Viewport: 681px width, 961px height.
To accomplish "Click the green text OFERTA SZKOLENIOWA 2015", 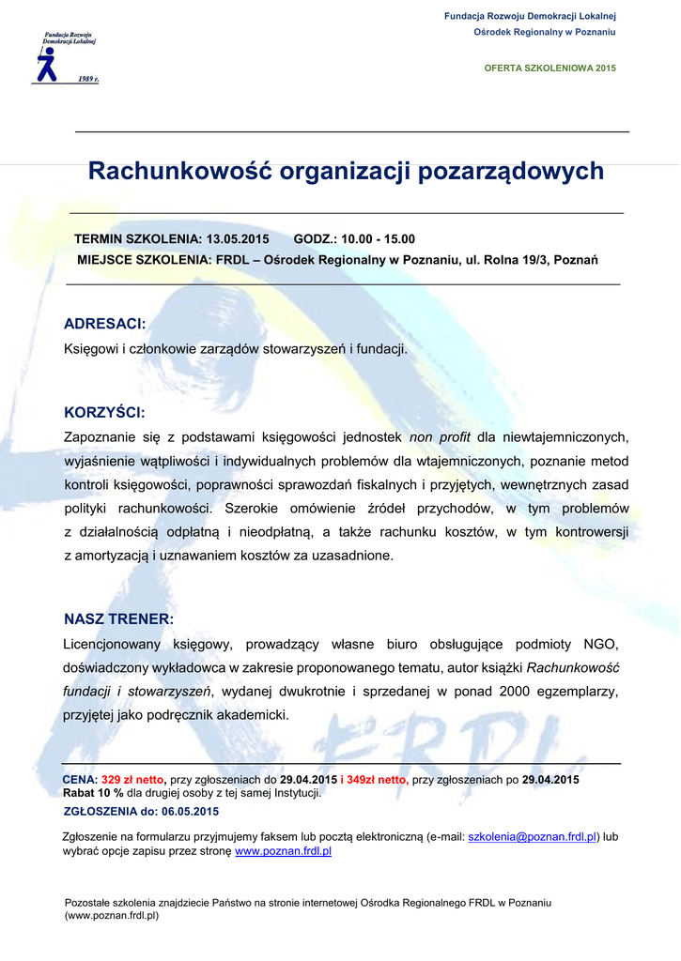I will (549, 69).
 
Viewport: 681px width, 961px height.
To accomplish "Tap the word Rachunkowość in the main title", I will (180, 171).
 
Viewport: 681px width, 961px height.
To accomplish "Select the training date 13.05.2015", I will (238, 238).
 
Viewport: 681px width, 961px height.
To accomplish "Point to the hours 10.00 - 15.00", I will (378, 238).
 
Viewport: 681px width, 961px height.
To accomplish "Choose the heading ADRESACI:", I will (104, 324).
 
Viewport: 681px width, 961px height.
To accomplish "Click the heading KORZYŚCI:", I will (104, 412).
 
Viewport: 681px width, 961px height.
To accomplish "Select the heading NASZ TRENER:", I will (118, 618).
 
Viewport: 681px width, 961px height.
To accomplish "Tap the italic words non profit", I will (440, 436).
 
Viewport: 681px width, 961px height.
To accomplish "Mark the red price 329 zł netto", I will (133, 780).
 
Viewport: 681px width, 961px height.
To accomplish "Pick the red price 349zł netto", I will (377, 780).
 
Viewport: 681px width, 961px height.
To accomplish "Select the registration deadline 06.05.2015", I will (190, 812).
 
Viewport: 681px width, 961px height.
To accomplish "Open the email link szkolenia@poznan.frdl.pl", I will (533, 836).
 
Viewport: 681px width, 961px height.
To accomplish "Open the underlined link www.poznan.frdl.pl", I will (283, 851).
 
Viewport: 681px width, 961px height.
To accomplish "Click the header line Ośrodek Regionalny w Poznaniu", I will (544, 32).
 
